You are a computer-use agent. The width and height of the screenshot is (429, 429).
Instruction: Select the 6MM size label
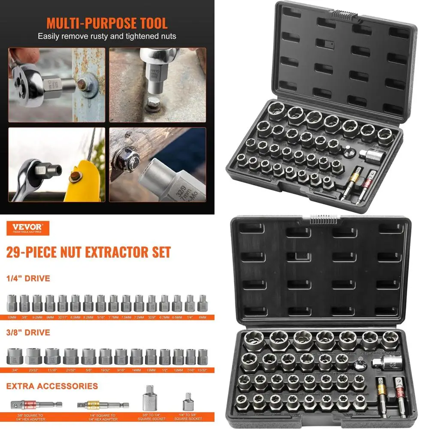(x=202, y=317)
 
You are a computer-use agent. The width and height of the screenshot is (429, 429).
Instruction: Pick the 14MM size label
(x=136, y=370)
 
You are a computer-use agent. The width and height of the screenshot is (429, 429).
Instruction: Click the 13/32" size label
(x=202, y=370)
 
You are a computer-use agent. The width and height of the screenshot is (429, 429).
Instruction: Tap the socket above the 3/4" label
(x=14, y=356)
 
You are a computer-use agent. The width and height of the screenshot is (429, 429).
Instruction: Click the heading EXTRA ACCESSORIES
(x=52, y=386)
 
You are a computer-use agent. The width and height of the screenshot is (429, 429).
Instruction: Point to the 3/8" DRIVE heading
(x=28, y=332)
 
